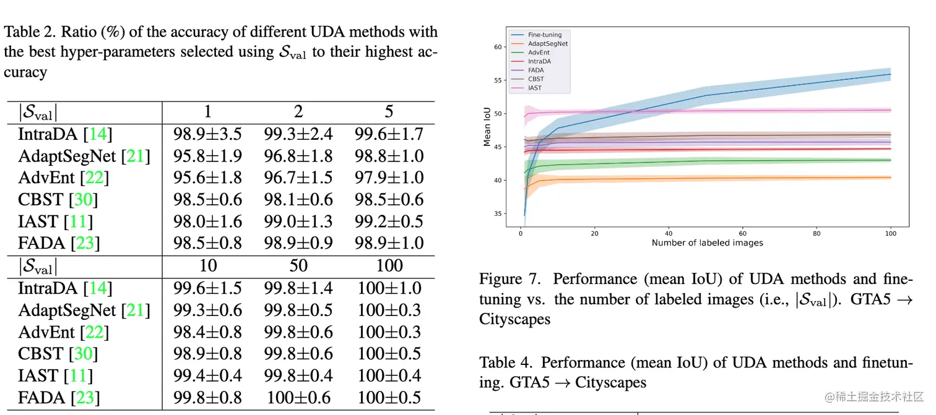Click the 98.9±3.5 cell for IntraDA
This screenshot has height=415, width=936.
point(207,134)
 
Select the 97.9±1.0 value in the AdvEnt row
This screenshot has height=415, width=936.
point(388,178)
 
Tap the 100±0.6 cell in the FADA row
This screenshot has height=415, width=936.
point(298,398)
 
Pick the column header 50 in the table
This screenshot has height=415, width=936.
point(298,266)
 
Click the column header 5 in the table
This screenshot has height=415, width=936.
point(389,111)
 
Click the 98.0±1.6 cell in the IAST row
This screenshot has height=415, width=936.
point(207,222)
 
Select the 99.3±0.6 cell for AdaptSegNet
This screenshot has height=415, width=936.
point(207,310)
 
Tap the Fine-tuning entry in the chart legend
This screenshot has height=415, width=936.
point(545,35)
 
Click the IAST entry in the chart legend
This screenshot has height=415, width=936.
point(535,88)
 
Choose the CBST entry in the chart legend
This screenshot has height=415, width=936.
point(536,79)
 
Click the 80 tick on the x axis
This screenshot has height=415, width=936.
point(817,234)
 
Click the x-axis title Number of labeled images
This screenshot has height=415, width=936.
point(707,243)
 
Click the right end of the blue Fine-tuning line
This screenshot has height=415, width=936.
point(890,74)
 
